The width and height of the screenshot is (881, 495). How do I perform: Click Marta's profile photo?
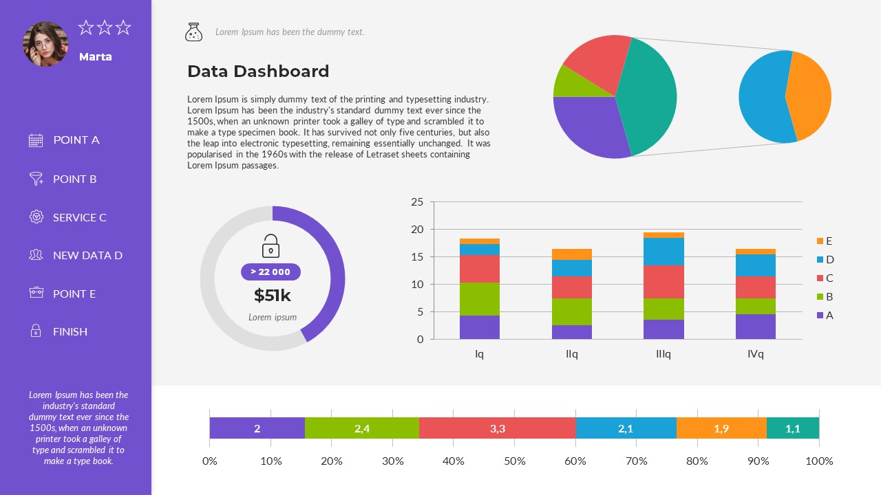coord(45,44)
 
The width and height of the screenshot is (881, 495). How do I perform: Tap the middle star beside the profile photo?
coord(105,27)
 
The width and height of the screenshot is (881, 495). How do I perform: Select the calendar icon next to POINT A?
coord(36,140)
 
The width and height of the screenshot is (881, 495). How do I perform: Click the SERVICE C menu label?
coord(80,217)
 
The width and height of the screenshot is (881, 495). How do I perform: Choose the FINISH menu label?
coord(70,331)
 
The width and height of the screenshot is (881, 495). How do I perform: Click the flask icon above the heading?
coord(193,32)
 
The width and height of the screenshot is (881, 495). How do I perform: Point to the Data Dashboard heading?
coord(258,71)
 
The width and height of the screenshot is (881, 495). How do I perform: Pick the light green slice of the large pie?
coord(569,82)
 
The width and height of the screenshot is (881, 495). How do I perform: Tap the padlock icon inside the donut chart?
coord(271,245)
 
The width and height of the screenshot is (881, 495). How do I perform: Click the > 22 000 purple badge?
coord(270,272)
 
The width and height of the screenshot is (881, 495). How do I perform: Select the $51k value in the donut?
coord(273,296)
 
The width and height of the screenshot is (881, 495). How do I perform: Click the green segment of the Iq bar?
coord(480,299)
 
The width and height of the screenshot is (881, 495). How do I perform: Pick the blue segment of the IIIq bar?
coord(664,252)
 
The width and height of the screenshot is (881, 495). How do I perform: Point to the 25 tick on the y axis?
coord(417,202)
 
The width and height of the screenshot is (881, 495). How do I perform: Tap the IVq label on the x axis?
coord(755,354)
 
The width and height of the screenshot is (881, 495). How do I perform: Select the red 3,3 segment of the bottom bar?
coord(497,428)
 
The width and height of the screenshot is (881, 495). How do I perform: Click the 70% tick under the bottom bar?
coord(637,461)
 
